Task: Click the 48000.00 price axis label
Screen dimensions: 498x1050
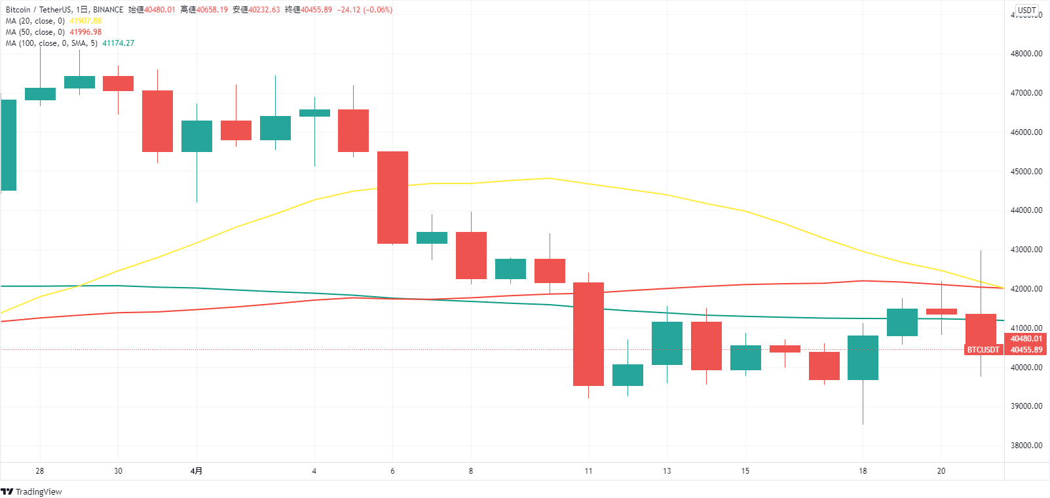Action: coord(1026,54)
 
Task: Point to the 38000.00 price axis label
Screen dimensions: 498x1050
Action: coord(1026,446)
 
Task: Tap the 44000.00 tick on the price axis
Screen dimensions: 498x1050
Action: coord(1026,210)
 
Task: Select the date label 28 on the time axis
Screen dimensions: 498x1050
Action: coord(40,471)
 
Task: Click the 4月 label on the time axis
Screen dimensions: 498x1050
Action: coord(197,471)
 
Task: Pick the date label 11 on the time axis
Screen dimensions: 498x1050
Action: coord(588,471)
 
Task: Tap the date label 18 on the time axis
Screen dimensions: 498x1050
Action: coord(863,471)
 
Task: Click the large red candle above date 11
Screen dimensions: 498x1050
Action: coord(588,334)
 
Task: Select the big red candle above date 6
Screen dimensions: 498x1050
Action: coord(392,197)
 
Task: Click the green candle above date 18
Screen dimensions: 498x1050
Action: coord(863,358)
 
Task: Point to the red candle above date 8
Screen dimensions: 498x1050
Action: coord(471,256)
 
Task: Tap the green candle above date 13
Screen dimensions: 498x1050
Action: coord(667,343)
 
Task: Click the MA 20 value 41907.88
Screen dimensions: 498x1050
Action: coord(86,21)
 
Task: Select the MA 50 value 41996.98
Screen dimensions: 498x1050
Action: coord(86,32)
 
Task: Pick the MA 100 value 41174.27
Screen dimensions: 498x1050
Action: coord(119,43)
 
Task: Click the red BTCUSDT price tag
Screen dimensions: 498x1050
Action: coord(983,350)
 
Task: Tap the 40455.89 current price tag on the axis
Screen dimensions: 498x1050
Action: coord(1026,350)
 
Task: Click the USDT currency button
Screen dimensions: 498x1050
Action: coord(1026,10)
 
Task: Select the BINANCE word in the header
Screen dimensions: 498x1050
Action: coord(108,10)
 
